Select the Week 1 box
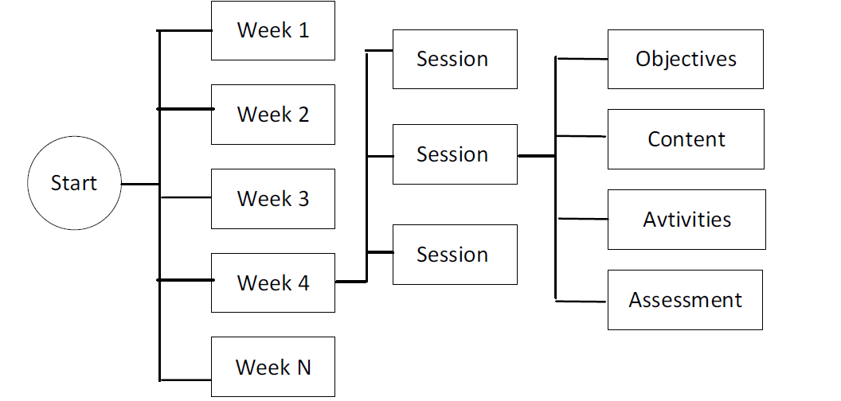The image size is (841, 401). (x=273, y=30)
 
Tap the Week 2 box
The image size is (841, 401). (x=273, y=115)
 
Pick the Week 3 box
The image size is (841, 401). (x=273, y=199)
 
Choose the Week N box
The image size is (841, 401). (x=273, y=367)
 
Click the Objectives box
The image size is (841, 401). (x=686, y=59)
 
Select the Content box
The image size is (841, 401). (x=686, y=139)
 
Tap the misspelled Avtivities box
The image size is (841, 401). (x=686, y=220)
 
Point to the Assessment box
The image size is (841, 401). (x=685, y=300)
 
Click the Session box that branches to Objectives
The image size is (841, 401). (x=455, y=154)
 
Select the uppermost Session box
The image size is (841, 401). (x=455, y=59)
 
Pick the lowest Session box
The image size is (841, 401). (x=455, y=255)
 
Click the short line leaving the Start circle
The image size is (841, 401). (x=140, y=185)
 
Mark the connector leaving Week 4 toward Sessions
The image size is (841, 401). (x=350, y=281)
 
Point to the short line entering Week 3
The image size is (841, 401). (x=186, y=197)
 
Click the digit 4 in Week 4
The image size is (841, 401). (x=303, y=282)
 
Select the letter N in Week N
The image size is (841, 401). (x=303, y=368)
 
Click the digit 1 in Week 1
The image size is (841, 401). (x=304, y=30)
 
